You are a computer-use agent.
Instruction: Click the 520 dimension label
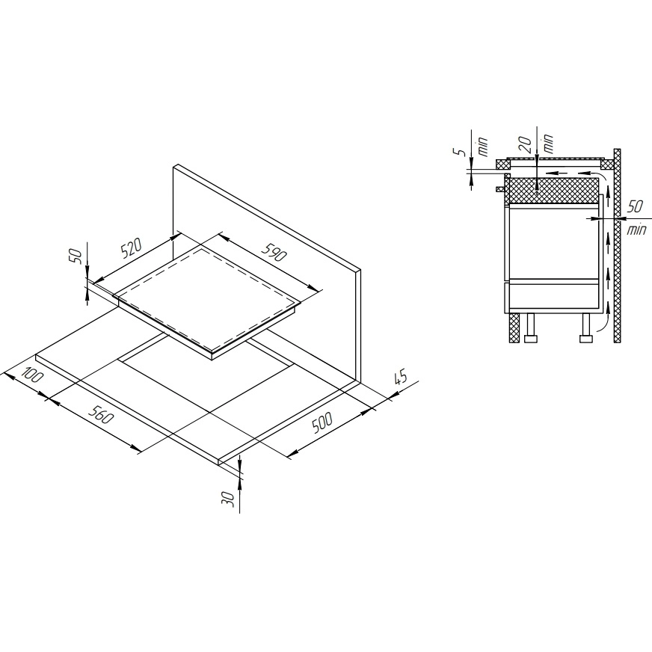point(132,247)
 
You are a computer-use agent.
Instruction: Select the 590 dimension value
point(274,250)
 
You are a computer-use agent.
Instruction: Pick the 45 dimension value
point(400,377)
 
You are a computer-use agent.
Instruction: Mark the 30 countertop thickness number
point(228,499)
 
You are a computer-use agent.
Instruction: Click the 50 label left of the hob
point(76,256)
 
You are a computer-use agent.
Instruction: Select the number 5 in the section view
point(461,153)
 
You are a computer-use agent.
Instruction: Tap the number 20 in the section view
point(526,145)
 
